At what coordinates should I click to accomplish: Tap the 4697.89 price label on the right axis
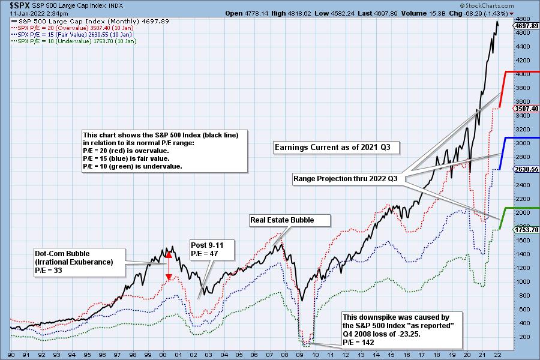tap(526, 26)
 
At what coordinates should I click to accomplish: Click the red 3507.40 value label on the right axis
tap(526, 109)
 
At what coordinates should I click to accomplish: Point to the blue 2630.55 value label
tap(526, 169)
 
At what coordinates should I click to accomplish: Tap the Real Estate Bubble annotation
tap(290, 220)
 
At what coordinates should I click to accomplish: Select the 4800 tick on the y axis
tap(523, 19)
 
